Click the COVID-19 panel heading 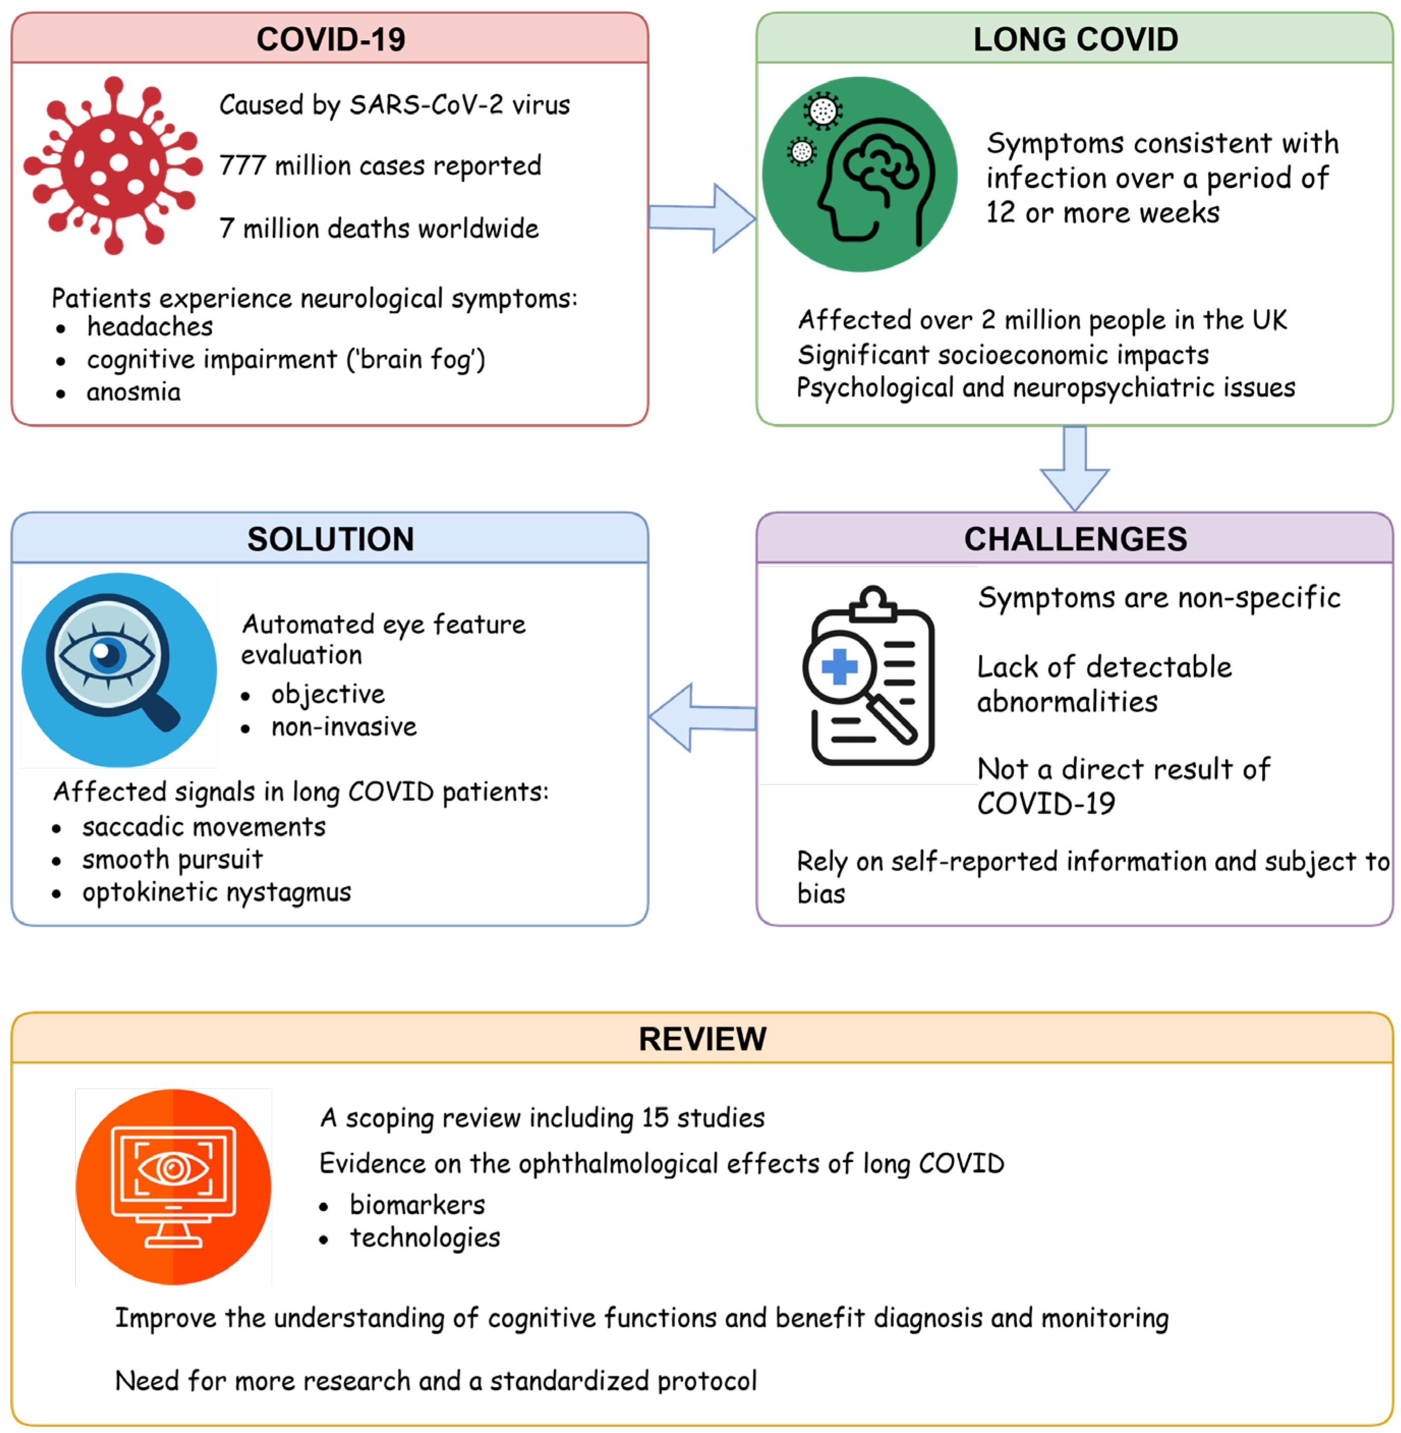(330, 39)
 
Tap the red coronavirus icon (112, 165)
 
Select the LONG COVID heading (1075, 39)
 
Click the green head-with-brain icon (859, 175)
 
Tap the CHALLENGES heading (1075, 539)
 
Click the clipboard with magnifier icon (869, 676)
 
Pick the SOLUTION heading (330, 539)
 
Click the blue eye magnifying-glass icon (119, 670)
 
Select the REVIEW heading (702, 1039)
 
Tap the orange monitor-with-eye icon (173, 1186)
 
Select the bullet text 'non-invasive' (343, 727)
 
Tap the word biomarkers (417, 1205)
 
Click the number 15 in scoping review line (654, 1117)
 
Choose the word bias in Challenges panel (821, 894)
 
